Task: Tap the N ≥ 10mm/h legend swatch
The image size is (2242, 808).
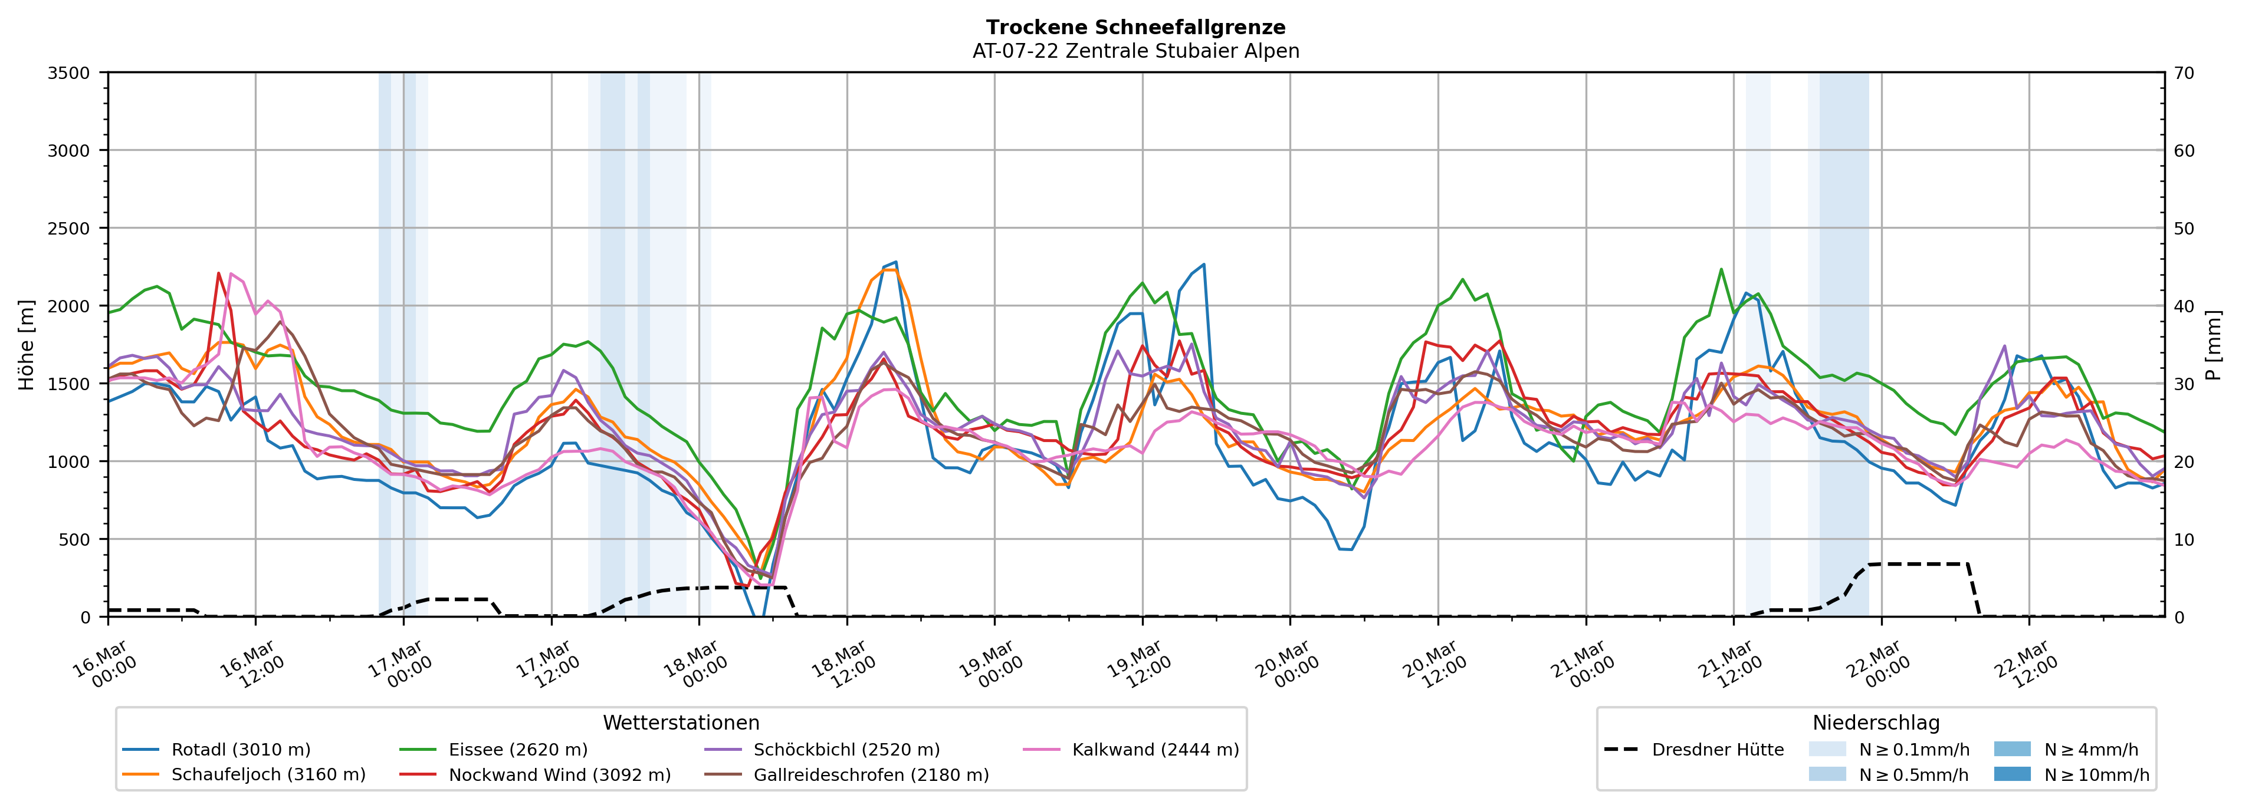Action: point(2011,774)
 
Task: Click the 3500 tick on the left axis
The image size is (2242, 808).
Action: point(69,73)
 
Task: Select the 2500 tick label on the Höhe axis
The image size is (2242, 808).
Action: point(69,229)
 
